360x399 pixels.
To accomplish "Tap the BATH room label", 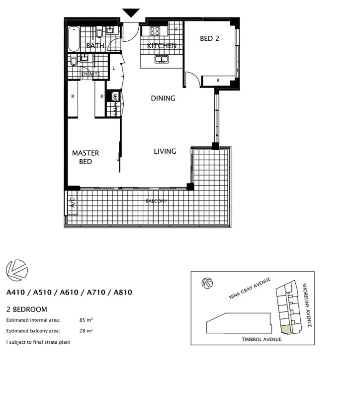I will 95,46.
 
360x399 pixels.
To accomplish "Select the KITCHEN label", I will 162,46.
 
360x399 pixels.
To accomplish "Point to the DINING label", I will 163,99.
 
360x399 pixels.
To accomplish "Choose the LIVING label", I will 164,151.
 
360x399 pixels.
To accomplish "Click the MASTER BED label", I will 86,157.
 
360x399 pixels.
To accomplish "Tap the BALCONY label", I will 156,201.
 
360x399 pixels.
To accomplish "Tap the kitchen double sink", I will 161,60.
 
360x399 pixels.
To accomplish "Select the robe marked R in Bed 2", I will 218,81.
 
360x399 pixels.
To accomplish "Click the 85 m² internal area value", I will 85,320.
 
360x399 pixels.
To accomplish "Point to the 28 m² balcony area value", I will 85,330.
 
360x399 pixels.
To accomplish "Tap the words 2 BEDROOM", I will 27,309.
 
